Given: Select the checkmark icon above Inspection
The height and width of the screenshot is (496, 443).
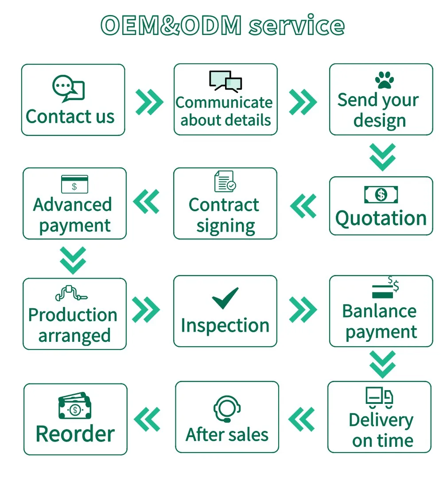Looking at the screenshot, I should point(225,298).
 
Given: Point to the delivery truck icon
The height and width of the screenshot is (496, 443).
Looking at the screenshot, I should point(379,397).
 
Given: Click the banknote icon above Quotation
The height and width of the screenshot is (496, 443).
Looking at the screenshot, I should point(381,194).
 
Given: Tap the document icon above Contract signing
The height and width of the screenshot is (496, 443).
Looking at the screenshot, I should point(225,181).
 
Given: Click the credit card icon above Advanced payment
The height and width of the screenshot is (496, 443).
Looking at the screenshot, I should point(74,184).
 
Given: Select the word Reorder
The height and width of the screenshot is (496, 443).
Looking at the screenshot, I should point(75,434).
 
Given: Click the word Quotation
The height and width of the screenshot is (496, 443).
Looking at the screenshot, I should point(381,218).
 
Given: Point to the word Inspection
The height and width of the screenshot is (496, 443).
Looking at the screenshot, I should point(225,325).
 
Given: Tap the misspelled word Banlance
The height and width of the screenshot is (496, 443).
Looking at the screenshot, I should point(379,311).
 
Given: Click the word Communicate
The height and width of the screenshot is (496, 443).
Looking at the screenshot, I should point(224,102).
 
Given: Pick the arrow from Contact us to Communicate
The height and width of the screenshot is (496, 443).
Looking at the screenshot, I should point(149,101).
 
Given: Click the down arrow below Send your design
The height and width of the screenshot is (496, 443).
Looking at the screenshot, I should point(382,157).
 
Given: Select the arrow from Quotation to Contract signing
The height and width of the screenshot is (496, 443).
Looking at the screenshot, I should point(303,205).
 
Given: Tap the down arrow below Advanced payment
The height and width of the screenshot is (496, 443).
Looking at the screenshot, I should point(73,260).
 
